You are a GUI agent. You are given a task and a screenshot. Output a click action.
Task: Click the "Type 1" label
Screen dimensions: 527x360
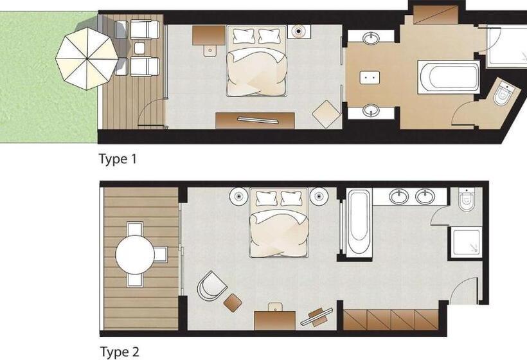118,159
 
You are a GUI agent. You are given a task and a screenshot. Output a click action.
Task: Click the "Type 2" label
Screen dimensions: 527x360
120,352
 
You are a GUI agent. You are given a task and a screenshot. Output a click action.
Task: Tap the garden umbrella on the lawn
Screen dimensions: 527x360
87,59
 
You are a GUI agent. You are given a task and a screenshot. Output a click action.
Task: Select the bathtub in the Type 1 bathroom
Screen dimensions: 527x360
449,77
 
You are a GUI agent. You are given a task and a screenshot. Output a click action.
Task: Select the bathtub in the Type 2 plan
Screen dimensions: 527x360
359,222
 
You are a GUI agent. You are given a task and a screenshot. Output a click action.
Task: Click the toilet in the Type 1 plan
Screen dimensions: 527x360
503,93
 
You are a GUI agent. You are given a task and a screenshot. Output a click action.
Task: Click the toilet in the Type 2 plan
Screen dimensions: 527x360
467,199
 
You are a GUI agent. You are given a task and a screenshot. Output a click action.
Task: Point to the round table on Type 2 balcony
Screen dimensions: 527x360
135,255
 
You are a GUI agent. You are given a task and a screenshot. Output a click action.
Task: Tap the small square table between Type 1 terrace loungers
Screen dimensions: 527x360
139,48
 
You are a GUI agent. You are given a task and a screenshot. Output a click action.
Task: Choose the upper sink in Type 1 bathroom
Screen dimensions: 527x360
371,37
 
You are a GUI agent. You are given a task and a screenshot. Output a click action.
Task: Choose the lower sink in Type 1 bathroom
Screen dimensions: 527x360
371,111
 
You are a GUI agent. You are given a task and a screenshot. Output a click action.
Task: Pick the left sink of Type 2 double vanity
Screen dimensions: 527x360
399,196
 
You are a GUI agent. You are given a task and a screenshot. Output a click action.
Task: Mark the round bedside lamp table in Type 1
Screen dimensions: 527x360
299,32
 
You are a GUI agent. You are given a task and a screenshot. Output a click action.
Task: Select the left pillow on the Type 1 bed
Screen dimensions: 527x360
243,35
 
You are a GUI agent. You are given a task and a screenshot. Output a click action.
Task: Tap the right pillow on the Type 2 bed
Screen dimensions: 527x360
291,198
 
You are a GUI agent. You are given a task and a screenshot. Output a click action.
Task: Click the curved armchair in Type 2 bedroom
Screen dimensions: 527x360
211,286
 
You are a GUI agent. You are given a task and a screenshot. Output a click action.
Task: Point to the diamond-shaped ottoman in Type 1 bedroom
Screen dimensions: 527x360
326,114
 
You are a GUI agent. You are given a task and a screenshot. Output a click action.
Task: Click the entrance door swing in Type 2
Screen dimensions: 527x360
464,291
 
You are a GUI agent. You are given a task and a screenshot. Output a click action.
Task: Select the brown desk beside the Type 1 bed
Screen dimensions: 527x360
209,35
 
